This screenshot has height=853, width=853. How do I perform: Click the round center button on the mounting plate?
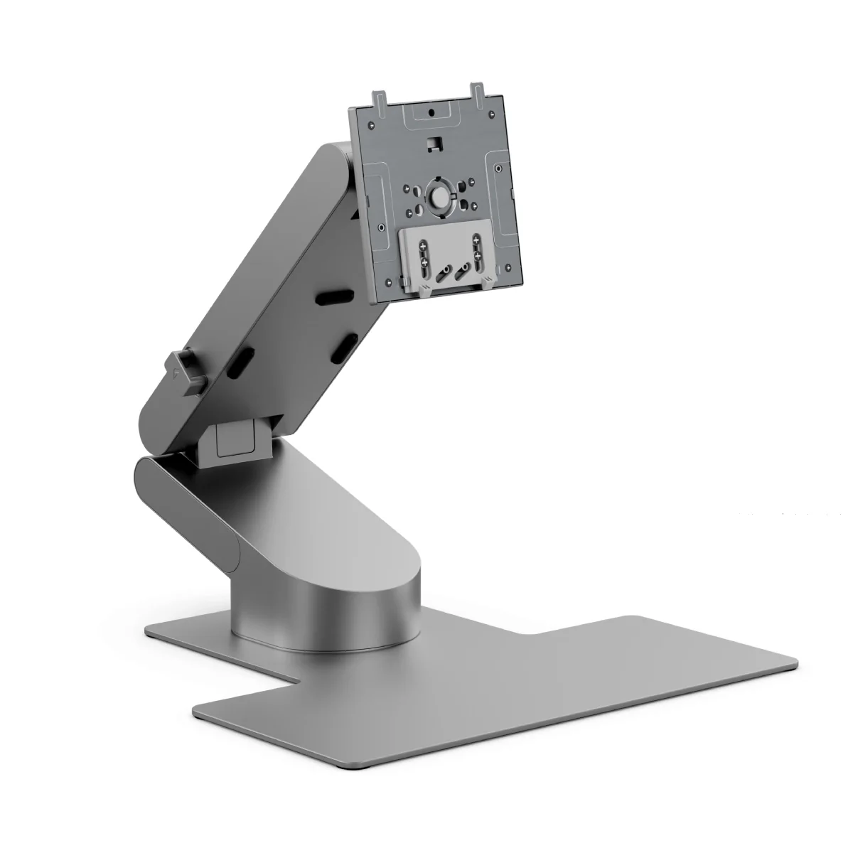(439, 194)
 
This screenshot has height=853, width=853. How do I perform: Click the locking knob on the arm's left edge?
(186, 370)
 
